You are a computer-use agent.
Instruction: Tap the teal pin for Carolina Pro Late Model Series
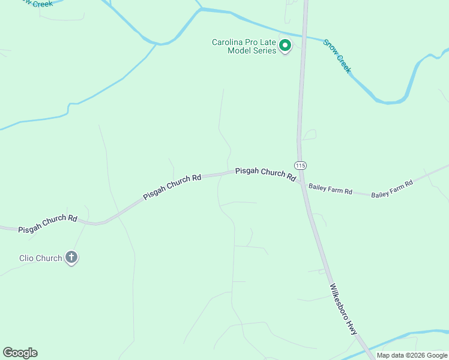[x=286, y=46]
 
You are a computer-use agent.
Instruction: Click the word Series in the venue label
[x=264, y=50]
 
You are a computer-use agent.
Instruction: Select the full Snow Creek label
[x=337, y=56]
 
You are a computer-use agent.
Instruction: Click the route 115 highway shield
[x=300, y=165]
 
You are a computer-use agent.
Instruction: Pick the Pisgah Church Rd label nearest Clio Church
[x=48, y=224]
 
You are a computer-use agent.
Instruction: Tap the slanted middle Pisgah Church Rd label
[x=172, y=188]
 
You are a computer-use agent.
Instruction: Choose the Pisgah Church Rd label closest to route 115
[x=265, y=173]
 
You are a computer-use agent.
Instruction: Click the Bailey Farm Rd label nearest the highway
[x=330, y=190]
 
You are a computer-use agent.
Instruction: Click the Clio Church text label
[x=40, y=258]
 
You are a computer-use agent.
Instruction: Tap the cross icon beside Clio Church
[x=71, y=258]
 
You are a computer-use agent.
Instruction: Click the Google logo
[x=20, y=353]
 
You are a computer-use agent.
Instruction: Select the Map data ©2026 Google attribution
[x=412, y=355]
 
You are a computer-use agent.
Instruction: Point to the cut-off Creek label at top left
[x=37, y=3]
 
